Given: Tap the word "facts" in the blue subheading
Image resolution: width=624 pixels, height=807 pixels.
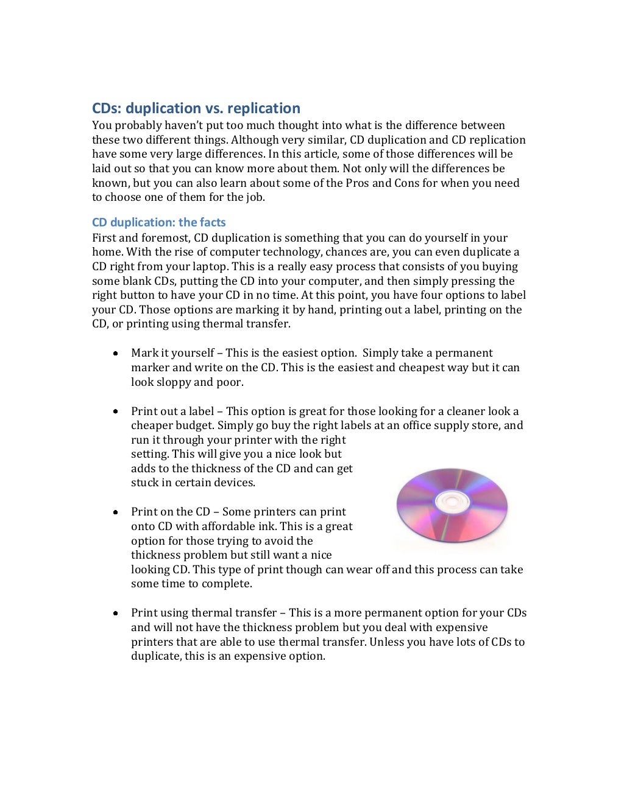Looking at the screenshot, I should pyautogui.click(x=209, y=222).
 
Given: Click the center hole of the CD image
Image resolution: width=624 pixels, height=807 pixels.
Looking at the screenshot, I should pyautogui.click(x=451, y=501).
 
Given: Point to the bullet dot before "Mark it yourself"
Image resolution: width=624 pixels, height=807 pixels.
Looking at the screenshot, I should pyautogui.click(x=115, y=353).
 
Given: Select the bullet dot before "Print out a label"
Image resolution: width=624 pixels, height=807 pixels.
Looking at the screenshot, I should pyautogui.click(x=115, y=411).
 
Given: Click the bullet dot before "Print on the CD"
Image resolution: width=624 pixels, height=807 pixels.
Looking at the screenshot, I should pyautogui.click(x=115, y=512).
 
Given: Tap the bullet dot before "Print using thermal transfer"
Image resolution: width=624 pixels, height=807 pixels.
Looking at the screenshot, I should pyautogui.click(x=115, y=613).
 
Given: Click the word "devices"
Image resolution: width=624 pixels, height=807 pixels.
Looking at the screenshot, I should pyautogui.click(x=235, y=483).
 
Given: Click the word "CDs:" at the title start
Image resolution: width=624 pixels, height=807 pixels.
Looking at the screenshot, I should pyautogui.click(x=107, y=108).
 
